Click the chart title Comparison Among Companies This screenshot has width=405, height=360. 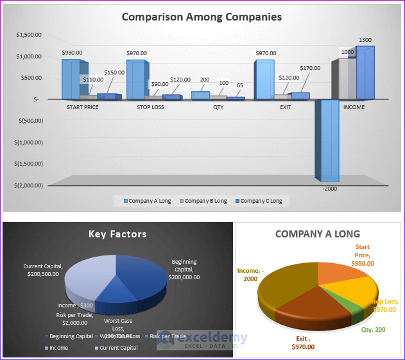pos(202,17)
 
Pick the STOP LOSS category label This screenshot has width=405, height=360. pos(151,107)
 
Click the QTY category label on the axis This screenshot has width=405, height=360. pos(218,107)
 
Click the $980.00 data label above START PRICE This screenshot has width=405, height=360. pos(73,52)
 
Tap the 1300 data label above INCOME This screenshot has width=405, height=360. pos(365,40)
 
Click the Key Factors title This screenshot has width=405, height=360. pos(117,234)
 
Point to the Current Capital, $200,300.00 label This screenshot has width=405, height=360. pos(41,270)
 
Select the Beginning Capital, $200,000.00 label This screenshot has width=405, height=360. pos(184,270)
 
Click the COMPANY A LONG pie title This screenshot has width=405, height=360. pos(317,234)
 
